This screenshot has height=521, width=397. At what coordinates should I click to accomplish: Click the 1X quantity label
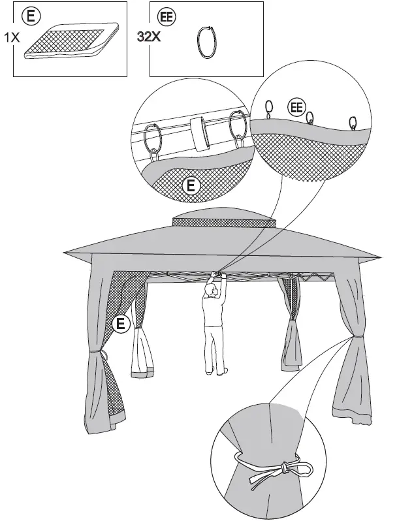(x=12, y=38)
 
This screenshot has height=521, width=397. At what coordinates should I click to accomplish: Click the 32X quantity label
(x=147, y=37)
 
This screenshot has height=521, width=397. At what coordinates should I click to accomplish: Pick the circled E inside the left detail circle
(x=191, y=186)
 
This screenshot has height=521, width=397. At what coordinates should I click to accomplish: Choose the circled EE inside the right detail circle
(x=296, y=106)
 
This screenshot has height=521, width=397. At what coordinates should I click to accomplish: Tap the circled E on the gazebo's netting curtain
(x=120, y=323)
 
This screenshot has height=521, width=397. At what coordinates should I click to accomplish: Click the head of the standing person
(x=211, y=289)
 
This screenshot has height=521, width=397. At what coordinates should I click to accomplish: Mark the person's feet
(x=216, y=372)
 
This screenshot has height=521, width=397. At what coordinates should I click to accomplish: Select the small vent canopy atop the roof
(x=222, y=219)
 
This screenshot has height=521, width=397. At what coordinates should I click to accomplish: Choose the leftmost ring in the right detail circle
(x=268, y=106)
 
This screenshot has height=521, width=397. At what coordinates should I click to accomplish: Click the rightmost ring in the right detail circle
(x=353, y=122)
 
